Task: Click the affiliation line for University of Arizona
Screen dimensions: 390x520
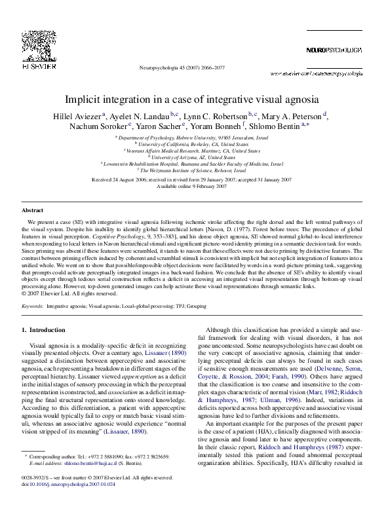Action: point(195,157)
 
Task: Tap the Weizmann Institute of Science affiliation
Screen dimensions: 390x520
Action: point(195,169)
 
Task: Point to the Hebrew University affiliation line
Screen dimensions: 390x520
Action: point(195,138)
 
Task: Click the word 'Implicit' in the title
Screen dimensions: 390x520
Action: point(85,100)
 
